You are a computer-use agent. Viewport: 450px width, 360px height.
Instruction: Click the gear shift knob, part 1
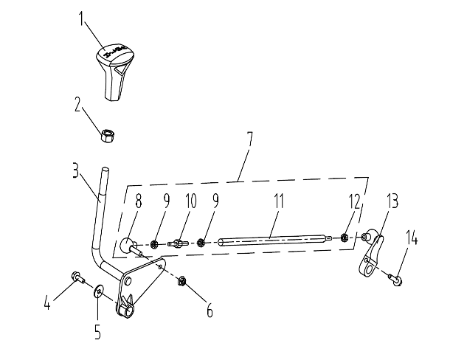pos(115,72)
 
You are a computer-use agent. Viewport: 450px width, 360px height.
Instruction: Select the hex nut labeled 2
pos(107,136)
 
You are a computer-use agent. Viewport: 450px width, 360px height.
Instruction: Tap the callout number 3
pos(75,170)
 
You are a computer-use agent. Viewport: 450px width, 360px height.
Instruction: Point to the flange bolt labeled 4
pos(77,277)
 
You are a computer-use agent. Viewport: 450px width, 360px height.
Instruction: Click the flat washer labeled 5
pos(98,291)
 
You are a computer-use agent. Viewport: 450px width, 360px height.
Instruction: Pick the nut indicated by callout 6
pos(181,281)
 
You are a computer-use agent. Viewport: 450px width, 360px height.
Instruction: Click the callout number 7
pos(250,139)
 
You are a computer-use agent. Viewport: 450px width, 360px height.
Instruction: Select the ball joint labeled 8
pos(130,246)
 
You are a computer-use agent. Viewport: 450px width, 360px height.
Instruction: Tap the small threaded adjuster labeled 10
pos(178,243)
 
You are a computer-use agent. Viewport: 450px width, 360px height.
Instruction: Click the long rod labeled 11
pos(275,240)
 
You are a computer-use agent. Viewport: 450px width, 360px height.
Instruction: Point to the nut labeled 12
pos(344,238)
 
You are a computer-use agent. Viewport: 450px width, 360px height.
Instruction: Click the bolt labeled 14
pos(395,279)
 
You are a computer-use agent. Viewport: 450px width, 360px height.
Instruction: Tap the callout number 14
pos(412,238)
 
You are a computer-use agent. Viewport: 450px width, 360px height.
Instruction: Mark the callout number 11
pos(278,201)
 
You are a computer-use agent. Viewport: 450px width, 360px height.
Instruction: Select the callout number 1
pos(81,18)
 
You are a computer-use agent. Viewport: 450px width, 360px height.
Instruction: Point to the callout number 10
pos(190,201)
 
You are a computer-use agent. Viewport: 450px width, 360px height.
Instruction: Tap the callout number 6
pos(210,311)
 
